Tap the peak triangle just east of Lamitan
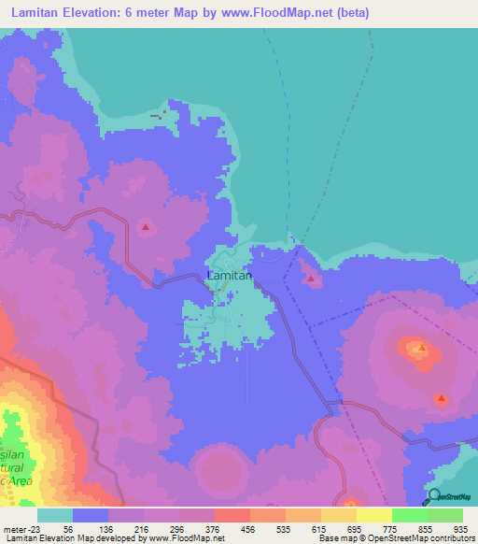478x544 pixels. click(310, 278)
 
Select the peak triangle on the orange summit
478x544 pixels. click(421, 350)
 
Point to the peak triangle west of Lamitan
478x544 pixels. click(146, 226)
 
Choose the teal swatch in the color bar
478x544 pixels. click(55, 515)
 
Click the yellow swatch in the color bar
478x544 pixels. click(373, 515)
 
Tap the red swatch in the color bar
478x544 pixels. click(232, 515)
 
